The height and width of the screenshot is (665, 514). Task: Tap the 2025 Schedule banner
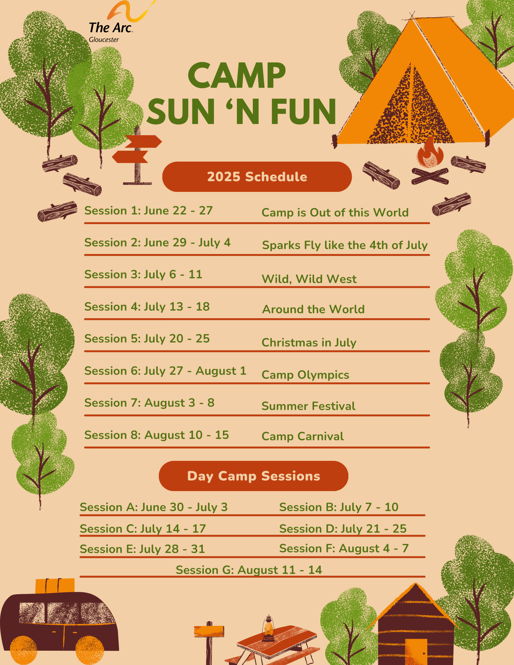pyautogui.click(x=257, y=177)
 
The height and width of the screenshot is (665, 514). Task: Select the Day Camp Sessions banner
pyautogui.click(x=254, y=476)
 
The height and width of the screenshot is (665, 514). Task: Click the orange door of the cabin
pyautogui.click(x=416, y=652)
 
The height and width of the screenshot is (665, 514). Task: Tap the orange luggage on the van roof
pyautogui.click(x=55, y=586)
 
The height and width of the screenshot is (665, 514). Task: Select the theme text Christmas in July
pyautogui.click(x=309, y=342)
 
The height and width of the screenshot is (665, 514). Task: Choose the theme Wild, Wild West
pyautogui.click(x=309, y=279)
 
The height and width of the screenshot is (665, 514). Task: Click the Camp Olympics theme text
pyautogui.click(x=305, y=375)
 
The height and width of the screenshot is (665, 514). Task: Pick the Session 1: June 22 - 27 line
pyautogui.click(x=148, y=210)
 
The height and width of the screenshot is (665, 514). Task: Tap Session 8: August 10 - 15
pyautogui.click(x=157, y=435)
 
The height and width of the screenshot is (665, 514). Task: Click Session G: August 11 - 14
pyautogui.click(x=249, y=570)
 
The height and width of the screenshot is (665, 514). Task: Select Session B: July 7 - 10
pyautogui.click(x=339, y=507)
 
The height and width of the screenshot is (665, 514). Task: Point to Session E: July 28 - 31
pyautogui.click(x=142, y=549)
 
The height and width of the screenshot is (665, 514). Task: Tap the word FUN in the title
pyautogui.click(x=303, y=111)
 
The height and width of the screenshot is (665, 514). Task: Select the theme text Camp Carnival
pyautogui.click(x=303, y=436)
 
